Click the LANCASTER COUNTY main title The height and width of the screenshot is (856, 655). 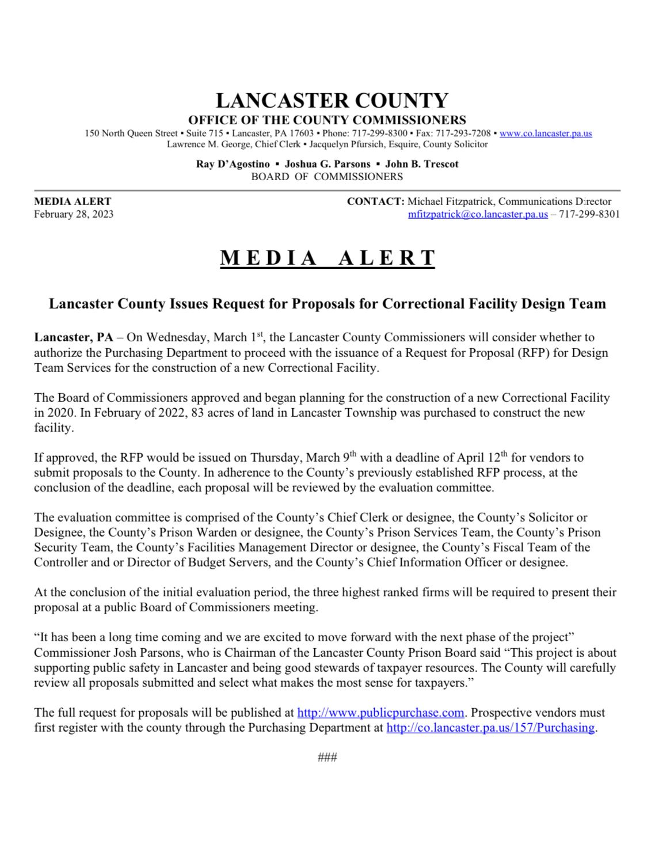[332, 101]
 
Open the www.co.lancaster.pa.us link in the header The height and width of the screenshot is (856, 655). [546, 134]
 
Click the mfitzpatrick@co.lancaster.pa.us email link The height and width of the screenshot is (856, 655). [478, 215]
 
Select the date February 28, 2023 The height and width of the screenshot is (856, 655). [74, 215]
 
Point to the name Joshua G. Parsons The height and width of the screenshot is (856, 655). [327, 164]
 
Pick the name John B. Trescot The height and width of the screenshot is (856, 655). [422, 164]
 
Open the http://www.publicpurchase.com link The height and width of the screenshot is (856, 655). [380, 713]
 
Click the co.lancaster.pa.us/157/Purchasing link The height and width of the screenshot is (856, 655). [490, 728]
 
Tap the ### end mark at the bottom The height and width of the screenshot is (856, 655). [327, 758]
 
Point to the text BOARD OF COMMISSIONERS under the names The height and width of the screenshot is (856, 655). [327, 177]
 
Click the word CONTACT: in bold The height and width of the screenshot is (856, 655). [376, 201]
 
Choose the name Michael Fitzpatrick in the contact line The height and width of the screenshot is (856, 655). [451, 201]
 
